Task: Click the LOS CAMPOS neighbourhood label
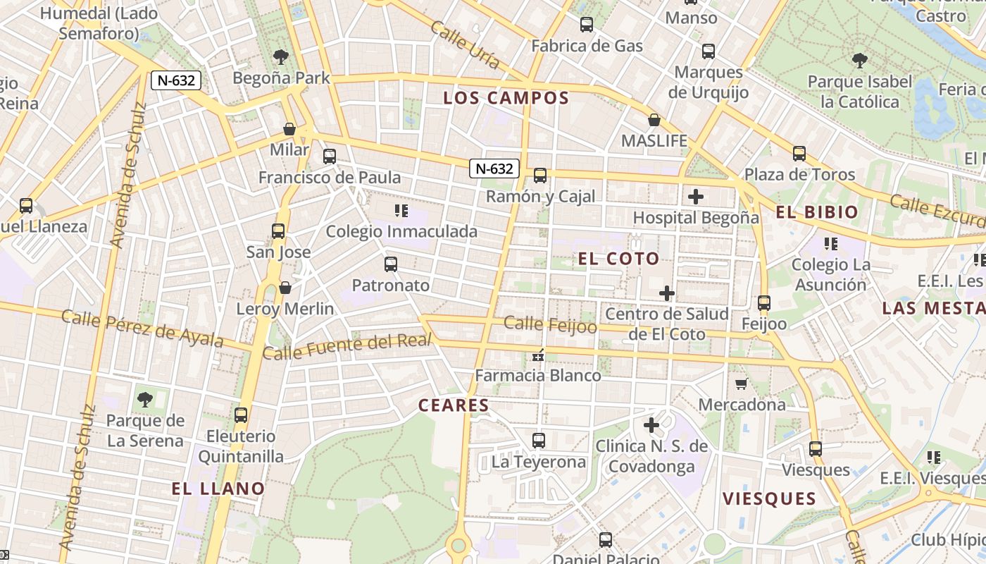point(506,98)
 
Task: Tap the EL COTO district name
point(618,259)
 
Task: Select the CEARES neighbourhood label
point(454,405)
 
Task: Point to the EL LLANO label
point(218,489)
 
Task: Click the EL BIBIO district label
point(817,212)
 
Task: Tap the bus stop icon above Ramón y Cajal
point(540,176)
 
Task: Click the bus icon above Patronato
point(391,264)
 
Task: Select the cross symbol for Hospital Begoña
point(696,197)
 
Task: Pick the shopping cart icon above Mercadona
point(741,384)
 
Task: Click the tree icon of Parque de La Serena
point(145,400)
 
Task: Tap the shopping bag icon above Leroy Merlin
point(285,288)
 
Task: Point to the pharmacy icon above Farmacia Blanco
point(538,355)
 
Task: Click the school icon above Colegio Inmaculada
point(401,210)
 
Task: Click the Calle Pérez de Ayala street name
point(142,329)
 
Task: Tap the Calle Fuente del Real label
point(347,345)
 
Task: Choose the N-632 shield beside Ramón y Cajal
point(494,168)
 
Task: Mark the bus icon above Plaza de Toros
point(799,154)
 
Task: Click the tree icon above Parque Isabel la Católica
point(859,60)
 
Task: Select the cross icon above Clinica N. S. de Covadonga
point(651,425)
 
